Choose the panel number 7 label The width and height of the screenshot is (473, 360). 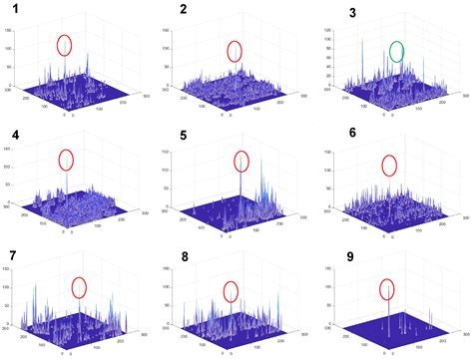click(x=11, y=255)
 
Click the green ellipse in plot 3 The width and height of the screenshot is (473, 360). click(x=397, y=51)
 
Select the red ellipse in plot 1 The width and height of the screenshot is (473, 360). click(x=65, y=45)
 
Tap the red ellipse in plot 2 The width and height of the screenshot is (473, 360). click(x=235, y=51)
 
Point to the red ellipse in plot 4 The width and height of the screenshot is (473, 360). click(x=67, y=160)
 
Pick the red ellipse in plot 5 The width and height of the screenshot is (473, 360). click(x=240, y=161)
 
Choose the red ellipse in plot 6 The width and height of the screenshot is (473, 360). click(x=388, y=165)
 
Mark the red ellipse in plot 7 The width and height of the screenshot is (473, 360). click(x=80, y=287)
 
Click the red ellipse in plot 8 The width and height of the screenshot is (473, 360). click(x=231, y=290)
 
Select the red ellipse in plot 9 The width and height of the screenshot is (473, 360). click(x=387, y=289)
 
